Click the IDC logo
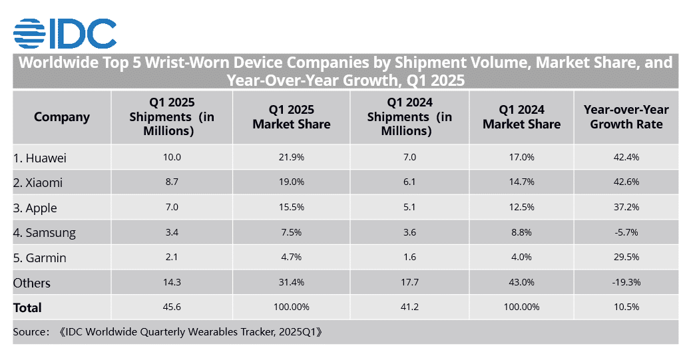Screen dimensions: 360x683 pos(65,33)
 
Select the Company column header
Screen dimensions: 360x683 pos(62,117)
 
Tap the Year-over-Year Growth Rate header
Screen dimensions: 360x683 pos(626,117)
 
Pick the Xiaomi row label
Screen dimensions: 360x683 pos(38,183)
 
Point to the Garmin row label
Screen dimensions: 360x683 pos(39,258)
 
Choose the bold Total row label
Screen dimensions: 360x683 pos(27,307)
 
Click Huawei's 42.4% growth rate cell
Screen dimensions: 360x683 pos(626,158)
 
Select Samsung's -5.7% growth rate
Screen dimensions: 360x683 pos(626,232)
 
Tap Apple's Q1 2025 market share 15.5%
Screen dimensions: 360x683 pos(291,208)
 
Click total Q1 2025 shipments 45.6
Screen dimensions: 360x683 pos(172,307)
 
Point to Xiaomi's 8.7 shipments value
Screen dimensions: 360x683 pos(172,183)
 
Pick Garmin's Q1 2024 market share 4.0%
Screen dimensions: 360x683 pos(521,258)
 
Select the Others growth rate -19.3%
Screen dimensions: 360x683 pos(626,282)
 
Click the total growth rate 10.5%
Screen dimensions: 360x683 pos(626,307)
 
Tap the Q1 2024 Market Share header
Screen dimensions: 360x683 pos(521,117)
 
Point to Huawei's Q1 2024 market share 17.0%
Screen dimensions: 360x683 pos(521,158)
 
